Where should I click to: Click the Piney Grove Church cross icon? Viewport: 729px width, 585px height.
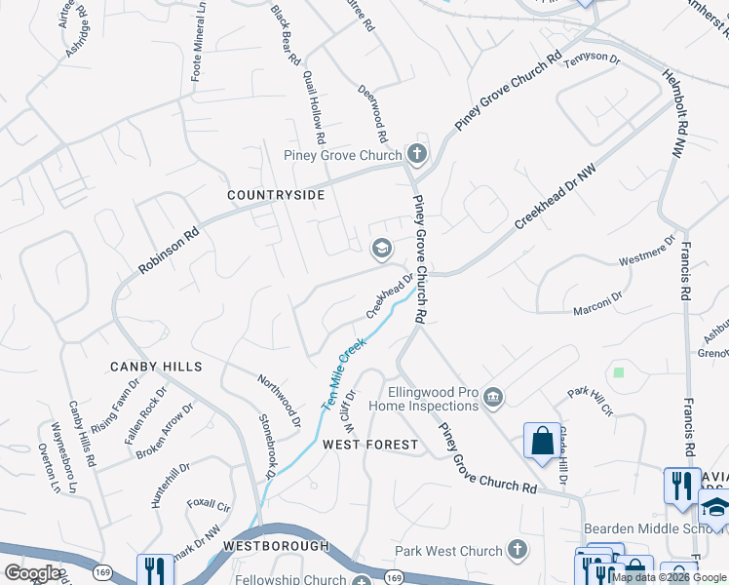coord(417,154)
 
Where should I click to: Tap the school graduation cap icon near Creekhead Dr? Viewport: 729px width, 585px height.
coord(381,250)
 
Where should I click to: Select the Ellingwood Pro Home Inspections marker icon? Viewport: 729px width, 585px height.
coord(494,395)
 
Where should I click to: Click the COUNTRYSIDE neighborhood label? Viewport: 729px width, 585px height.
coord(276,195)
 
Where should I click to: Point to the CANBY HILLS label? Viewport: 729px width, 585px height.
coord(156,367)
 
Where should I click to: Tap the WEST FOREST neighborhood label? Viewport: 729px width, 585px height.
coord(370,445)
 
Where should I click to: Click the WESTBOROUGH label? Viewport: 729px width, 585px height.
coord(276,547)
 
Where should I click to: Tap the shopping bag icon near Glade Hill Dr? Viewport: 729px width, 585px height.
coord(542,441)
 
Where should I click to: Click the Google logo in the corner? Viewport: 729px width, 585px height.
coord(31,574)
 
